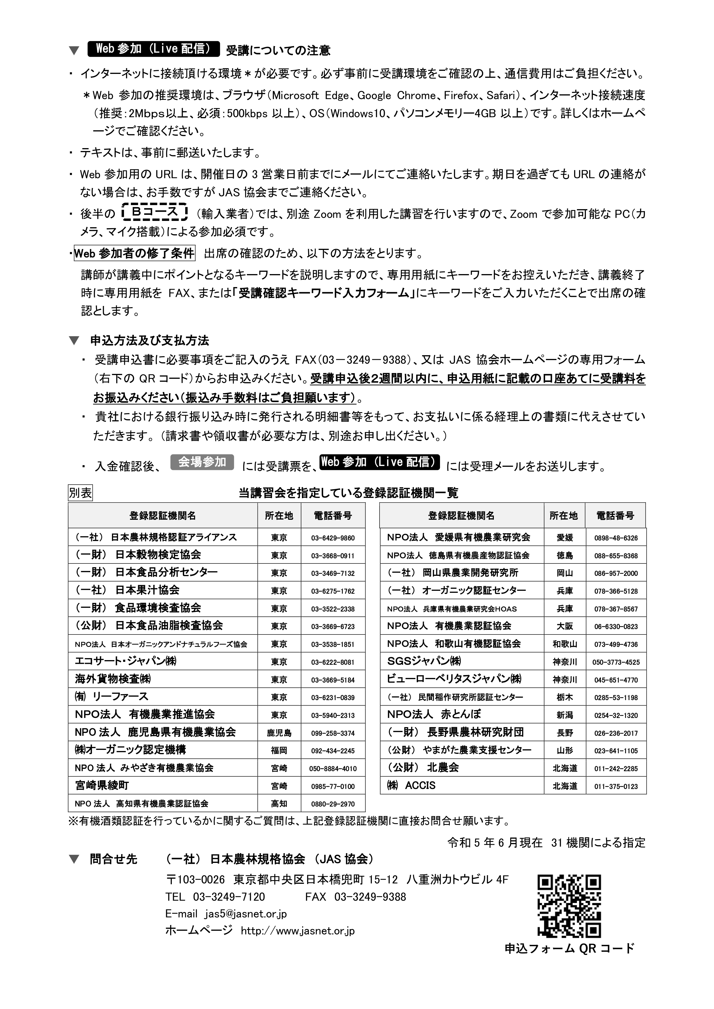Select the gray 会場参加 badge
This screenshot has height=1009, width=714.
coord(202,462)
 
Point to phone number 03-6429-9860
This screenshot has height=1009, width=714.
coord(333,538)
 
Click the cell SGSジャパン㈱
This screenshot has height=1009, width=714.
coord(424,661)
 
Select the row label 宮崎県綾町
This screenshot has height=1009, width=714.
coord(102,785)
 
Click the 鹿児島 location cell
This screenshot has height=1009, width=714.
coord(279,733)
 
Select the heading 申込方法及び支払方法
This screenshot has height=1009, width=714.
coord(149,341)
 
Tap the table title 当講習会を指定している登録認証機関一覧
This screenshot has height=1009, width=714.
coord(348,493)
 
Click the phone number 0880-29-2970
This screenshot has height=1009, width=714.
coord(333,804)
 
